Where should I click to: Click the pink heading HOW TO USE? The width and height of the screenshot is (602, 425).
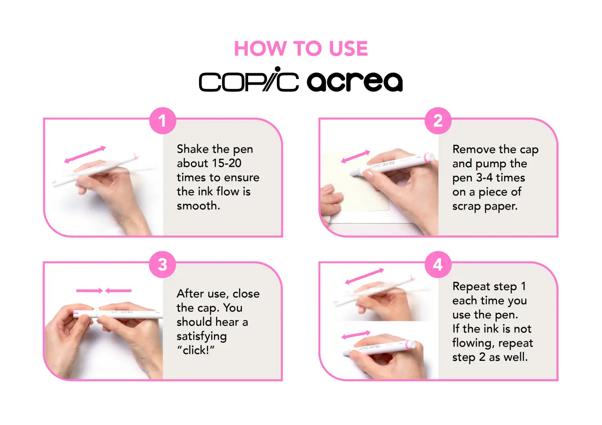301,49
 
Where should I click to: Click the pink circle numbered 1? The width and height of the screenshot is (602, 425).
162,121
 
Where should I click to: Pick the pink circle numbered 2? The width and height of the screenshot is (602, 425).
438,121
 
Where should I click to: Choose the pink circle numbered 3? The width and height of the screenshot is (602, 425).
162,265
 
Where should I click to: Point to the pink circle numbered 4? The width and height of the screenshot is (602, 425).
438,265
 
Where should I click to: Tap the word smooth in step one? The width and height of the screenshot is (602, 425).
198,206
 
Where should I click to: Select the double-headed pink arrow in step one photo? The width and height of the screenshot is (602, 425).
85,154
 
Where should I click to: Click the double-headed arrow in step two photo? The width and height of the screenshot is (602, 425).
355,156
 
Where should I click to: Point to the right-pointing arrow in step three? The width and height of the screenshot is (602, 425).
89,290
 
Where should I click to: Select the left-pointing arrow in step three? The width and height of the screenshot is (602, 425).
118,290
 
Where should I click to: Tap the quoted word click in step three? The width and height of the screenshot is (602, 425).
196,350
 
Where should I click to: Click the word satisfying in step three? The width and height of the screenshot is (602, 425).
201,336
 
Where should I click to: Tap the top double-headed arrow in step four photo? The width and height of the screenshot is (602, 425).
364,277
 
